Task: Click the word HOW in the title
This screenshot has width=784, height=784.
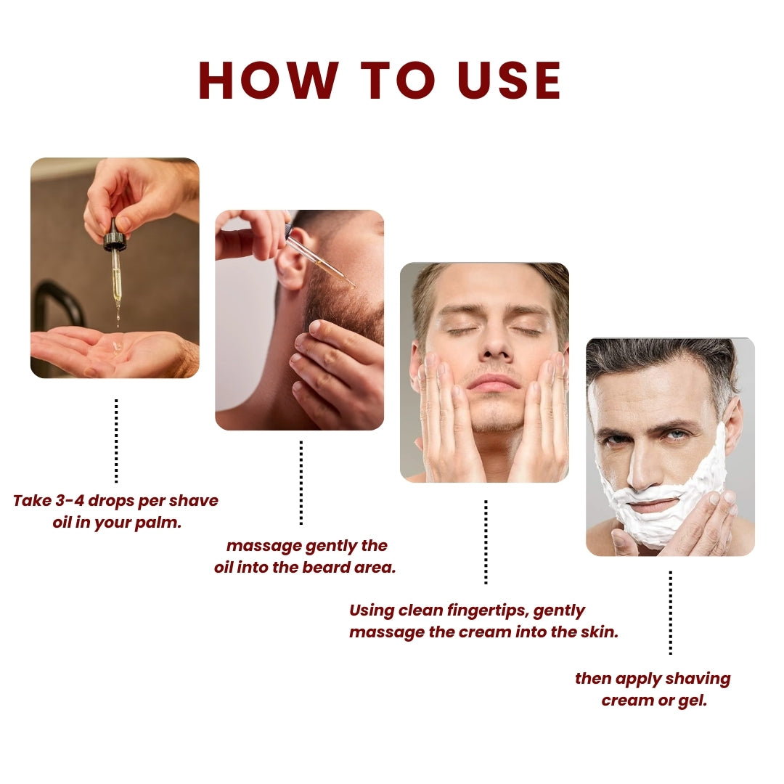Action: point(269,81)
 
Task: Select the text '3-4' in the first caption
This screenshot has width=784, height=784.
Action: point(70,500)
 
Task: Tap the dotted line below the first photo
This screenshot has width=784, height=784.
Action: point(116,441)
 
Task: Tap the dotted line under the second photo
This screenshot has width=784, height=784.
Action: point(301,483)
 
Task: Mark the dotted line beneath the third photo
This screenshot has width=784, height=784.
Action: point(486,542)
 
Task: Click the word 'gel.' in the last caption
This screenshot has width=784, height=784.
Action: point(693,701)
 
